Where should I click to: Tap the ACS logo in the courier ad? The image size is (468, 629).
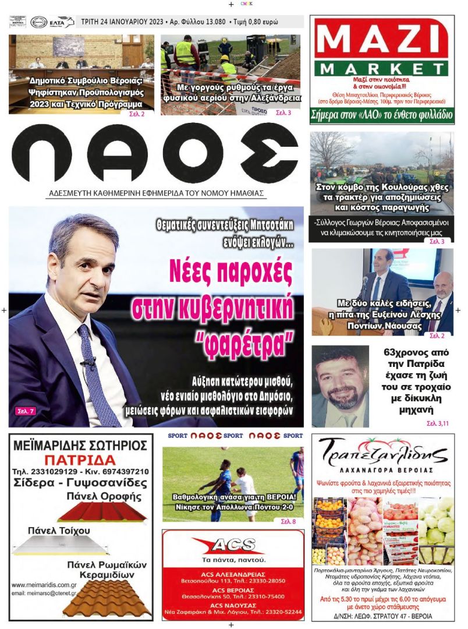(x=233, y=545)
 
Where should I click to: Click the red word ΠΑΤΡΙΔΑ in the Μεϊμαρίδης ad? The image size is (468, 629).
(x=80, y=459)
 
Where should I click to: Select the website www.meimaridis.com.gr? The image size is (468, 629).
(x=44, y=584)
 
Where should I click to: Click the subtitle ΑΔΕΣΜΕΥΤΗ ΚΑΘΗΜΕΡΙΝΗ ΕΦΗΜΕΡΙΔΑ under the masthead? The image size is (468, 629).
(x=156, y=193)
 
